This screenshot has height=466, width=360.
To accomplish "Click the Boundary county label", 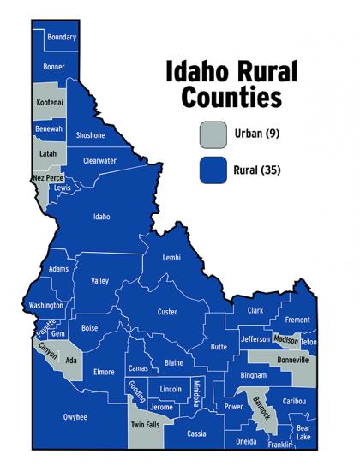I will point(63,38).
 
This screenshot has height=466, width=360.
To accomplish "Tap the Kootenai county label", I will point(50,102).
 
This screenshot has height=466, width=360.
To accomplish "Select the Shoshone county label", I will point(90,135).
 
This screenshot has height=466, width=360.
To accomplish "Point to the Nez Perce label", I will point(48,178).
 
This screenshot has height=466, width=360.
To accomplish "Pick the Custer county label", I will point(167,312).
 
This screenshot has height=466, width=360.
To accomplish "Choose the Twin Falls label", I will point(143,426).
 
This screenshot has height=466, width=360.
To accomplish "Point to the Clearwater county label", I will point(99,160).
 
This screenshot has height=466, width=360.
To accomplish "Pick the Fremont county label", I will point(297,320).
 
